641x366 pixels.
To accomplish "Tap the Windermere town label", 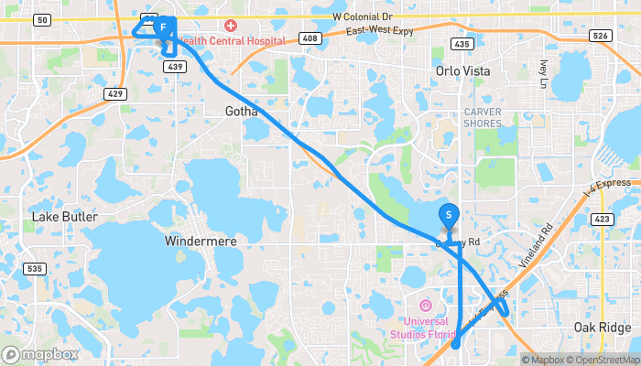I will click(201, 241).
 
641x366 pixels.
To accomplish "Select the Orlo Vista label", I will click(462, 70).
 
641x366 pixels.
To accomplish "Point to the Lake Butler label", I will click(64, 217).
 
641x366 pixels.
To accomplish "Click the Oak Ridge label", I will click(603, 328).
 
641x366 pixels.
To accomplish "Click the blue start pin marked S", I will click(450, 215).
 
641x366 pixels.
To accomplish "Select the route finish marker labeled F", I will click(162, 27).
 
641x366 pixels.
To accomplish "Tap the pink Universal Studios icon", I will click(424, 305).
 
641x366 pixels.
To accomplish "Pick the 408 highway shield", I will click(310, 38).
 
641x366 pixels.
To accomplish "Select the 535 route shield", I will click(35, 268).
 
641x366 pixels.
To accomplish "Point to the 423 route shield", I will click(601, 219).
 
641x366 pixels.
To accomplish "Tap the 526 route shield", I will click(600, 36).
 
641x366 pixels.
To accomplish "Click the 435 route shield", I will click(462, 44).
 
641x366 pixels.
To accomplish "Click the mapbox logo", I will click(40, 354).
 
